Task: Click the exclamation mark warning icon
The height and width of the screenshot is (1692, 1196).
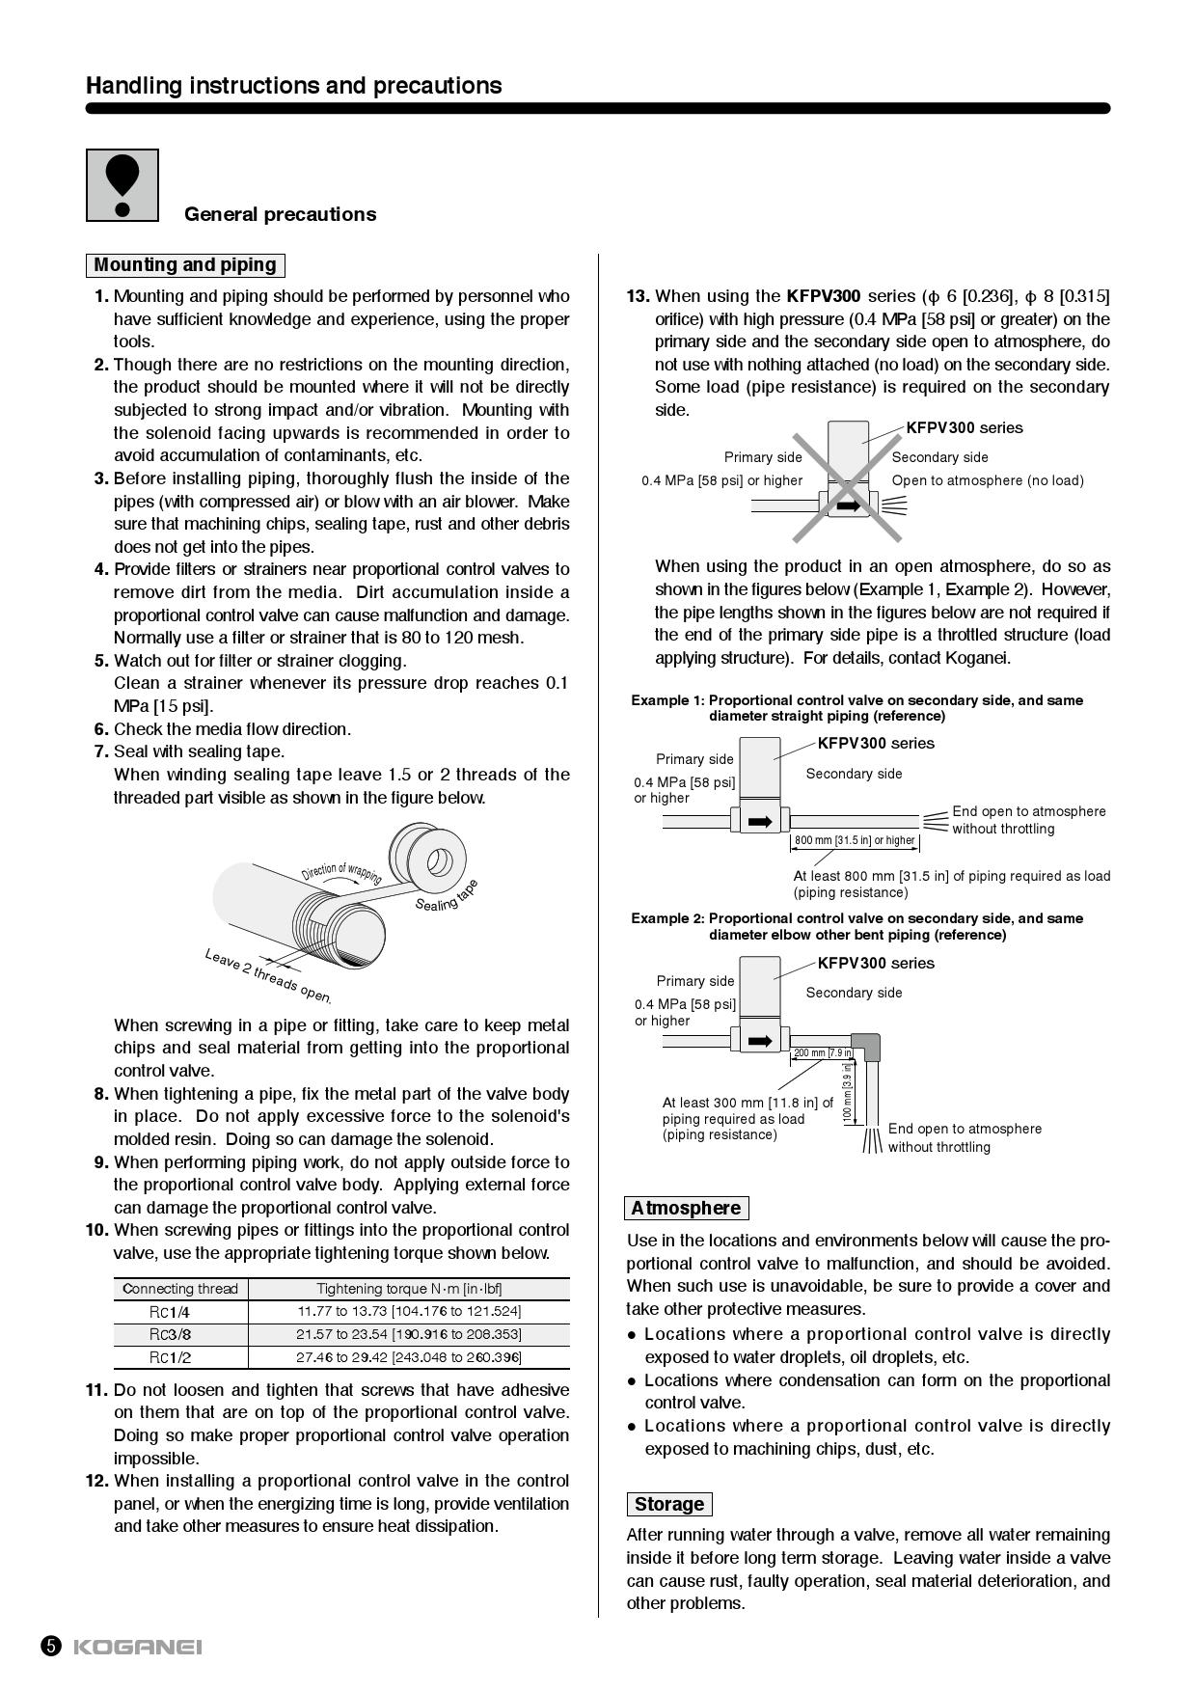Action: click(x=122, y=185)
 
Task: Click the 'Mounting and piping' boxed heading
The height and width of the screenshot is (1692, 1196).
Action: click(x=185, y=265)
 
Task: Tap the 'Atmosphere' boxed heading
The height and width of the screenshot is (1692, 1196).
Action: click(x=686, y=1208)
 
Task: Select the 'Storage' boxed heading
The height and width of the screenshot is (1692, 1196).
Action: click(x=669, y=1504)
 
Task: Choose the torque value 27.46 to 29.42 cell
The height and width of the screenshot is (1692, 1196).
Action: click(x=408, y=1357)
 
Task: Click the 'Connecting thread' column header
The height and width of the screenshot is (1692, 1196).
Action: click(x=180, y=1289)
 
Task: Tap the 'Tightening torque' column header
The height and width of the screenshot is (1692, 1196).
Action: click(x=409, y=1289)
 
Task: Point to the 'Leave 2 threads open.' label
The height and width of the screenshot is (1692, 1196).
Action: click(x=267, y=975)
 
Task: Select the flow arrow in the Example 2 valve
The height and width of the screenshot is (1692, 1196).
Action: click(x=760, y=1041)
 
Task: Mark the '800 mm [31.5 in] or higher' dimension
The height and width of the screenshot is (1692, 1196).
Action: click(x=855, y=840)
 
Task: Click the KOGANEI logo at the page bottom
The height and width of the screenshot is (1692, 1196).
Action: click(x=137, y=1647)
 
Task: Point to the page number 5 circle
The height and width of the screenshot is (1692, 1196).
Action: click(x=51, y=1647)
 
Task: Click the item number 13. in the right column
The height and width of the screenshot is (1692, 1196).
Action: click(x=638, y=296)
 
